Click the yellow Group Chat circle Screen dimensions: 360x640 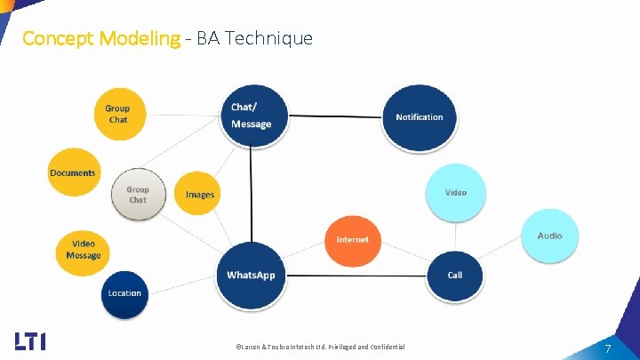118,114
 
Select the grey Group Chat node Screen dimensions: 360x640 138,194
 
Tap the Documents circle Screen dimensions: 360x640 73,172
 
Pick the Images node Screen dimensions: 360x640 200,194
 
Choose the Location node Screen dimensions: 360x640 124,293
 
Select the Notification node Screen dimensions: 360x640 419,116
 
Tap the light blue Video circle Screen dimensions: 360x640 455,192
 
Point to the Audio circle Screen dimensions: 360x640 549,236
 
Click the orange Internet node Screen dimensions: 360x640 353,240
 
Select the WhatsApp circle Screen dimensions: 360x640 251,275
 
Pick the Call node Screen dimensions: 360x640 455,275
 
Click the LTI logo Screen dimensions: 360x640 30,341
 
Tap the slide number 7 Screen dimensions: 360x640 608,348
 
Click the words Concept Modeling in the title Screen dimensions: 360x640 100,38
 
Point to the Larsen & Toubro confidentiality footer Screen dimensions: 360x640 319,347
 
